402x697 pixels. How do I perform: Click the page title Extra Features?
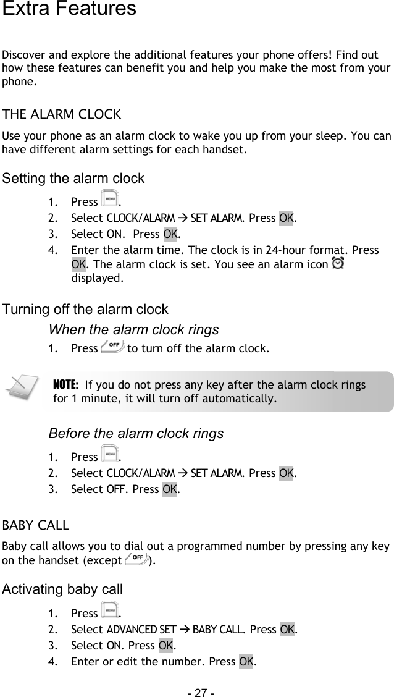point(69,9)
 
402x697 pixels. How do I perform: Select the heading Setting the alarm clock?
point(73,179)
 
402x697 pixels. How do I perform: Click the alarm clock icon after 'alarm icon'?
point(338,264)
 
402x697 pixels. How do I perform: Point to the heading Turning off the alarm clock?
point(85,309)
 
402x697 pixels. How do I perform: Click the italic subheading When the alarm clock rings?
point(133,329)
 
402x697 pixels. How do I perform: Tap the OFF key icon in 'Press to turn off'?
point(112,348)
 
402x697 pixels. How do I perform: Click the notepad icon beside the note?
point(20,388)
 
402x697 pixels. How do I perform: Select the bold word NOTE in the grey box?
point(65,384)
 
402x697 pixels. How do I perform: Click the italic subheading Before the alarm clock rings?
point(136,434)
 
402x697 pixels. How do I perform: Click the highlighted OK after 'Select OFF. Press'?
point(169,489)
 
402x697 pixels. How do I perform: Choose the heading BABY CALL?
point(36,526)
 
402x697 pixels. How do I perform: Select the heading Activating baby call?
point(62,589)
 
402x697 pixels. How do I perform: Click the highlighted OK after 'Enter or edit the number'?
point(246,662)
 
